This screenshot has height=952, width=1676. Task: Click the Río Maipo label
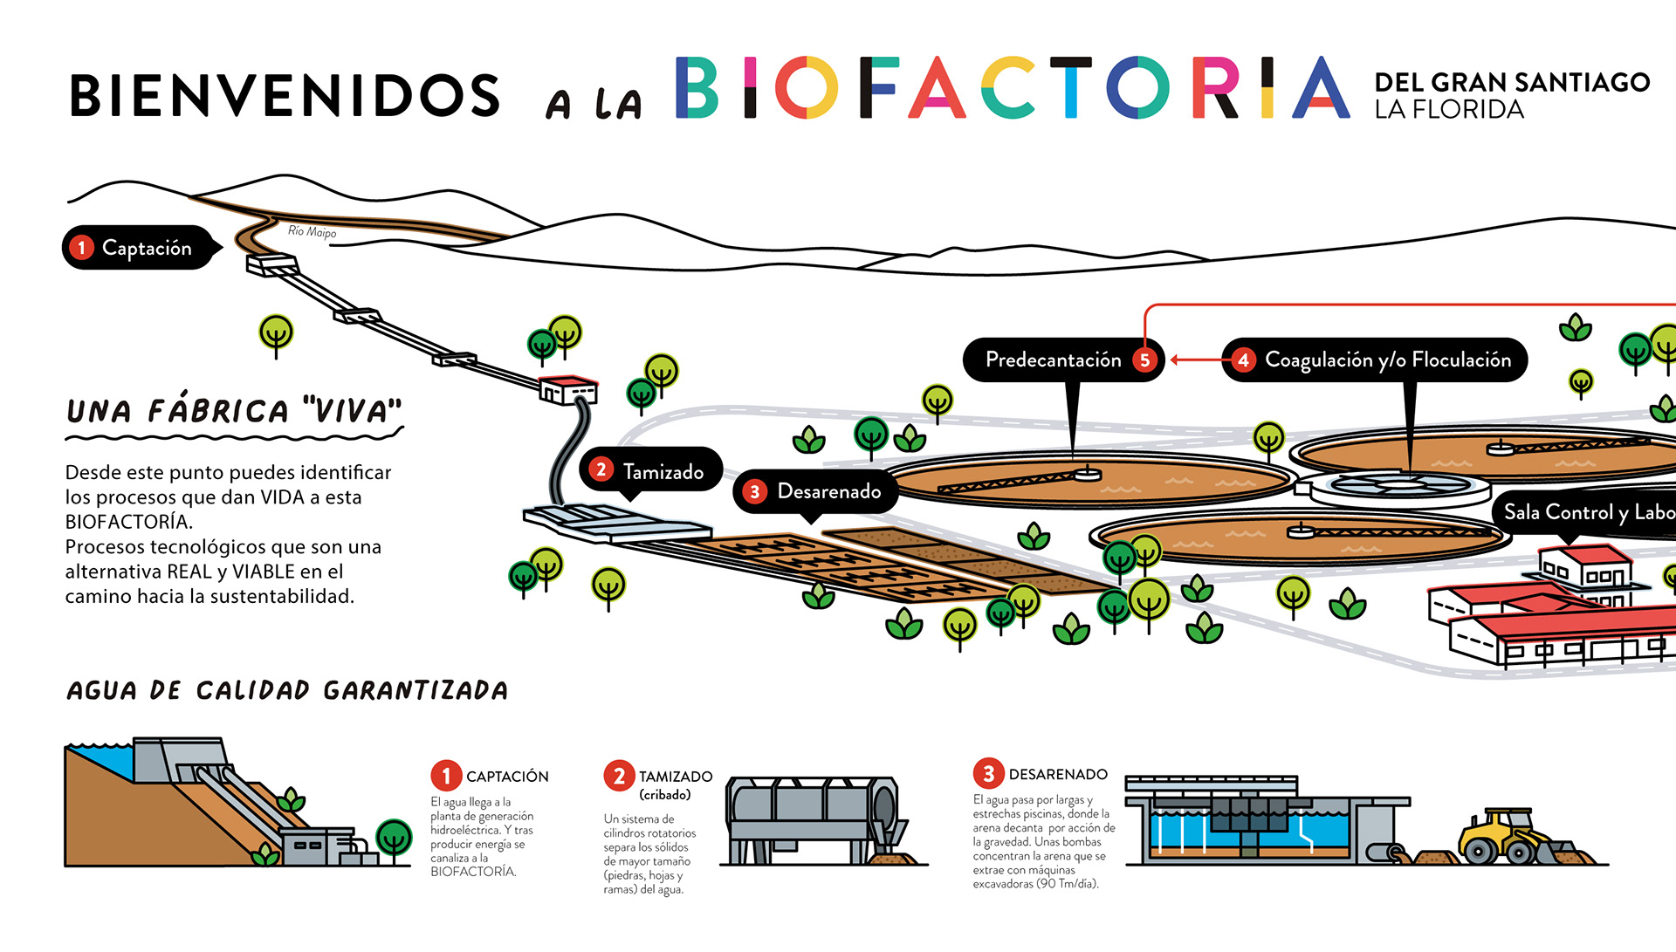pos(312,231)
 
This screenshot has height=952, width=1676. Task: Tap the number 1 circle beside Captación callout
pos(81,248)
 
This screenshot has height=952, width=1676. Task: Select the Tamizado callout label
pos(663,472)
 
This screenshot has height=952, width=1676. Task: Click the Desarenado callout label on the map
pos(828,491)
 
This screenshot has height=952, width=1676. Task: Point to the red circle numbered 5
pos(1144,360)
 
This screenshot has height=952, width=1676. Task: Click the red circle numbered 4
pos(1243,360)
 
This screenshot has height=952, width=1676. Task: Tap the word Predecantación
pos(1053,360)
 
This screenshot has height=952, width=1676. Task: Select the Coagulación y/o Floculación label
pos(1387,360)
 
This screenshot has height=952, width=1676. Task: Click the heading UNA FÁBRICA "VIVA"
pos(234,411)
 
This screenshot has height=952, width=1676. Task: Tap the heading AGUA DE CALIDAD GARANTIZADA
pos(287,691)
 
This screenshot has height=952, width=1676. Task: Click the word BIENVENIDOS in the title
pos(285,95)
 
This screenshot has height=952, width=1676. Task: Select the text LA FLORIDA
pos(1449,110)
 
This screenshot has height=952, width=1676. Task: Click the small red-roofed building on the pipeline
pos(568,389)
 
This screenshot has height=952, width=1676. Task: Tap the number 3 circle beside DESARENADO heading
pos(988,774)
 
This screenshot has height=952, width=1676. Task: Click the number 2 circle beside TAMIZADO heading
pos(619,776)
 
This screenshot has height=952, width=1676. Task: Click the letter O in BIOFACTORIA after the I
pos(806,87)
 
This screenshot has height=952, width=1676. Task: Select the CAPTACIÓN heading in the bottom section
pos(507,777)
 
